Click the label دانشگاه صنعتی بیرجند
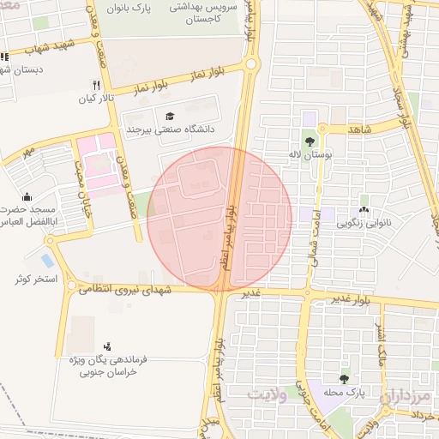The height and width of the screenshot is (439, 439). (x=170, y=129)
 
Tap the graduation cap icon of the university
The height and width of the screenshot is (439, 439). (x=169, y=116)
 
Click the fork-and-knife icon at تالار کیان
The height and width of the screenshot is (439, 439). (x=96, y=85)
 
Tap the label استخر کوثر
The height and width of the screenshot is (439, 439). (x=35, y=280)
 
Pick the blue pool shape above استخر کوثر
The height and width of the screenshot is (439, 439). (x=47, y=260)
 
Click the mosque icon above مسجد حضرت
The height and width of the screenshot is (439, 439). (x=27, y=196)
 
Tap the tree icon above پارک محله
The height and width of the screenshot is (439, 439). (x=344, y=378)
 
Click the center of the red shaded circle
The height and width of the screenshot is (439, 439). (x=219, y=219)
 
